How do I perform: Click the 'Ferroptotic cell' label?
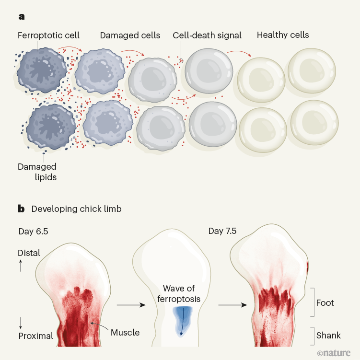pos(48,35)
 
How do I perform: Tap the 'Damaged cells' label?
pos(130,35)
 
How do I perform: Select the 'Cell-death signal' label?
pos(207,35)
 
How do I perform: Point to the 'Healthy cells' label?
pos(283,35)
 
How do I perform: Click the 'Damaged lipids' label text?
pos(37,172)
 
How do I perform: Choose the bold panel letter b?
pos(21,209)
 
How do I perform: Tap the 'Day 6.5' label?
pos(34,232)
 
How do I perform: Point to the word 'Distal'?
pos(29,253)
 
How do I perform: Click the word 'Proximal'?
pos(35,336)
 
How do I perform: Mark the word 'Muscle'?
pos(125,332)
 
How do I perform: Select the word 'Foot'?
pos(325,303)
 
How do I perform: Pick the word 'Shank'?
pos(328,336)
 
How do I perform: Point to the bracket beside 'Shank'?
pos(312,336)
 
